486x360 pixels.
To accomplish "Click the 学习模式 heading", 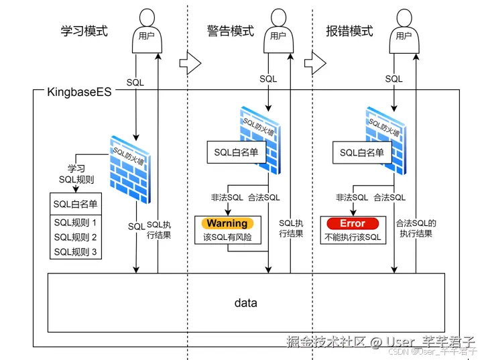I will click(83, 31).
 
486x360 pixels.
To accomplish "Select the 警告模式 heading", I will click(230, 31).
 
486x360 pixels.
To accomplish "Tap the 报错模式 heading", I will click(349, 31).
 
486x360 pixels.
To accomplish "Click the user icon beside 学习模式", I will click(146, 30).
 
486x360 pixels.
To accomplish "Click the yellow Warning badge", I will click(227, 223).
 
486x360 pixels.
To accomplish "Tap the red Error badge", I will click(353, 223).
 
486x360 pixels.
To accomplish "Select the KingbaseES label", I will click(79, 91).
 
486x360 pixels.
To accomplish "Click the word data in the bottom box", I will click(245, 303).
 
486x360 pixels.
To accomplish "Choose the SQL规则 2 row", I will click(76, 237).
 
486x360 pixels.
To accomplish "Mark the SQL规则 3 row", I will click(76, 252).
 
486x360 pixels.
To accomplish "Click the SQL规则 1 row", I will click(76, 223).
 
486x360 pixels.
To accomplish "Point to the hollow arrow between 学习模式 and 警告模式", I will click(190, 64).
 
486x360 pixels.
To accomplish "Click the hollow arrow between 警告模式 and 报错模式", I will click(314, 64).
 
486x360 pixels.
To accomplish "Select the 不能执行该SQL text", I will click(353, 237).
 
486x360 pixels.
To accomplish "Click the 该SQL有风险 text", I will click(227, 237).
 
